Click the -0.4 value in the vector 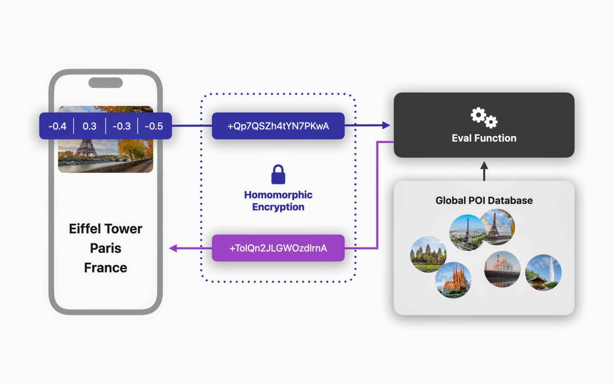[x=57, y=126]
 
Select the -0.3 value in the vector [x=121, y=126]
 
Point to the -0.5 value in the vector [x=154, y=126]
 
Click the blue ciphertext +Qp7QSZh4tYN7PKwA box [x=278, y=126]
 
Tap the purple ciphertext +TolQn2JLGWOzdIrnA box [x=278, y=248]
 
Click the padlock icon [x=278, y=175]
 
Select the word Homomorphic [x=278, y=195]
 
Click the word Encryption [x=278, y=207]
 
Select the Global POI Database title [x=484, y=200]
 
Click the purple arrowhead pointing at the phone [x=173, y=248]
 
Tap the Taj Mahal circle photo [x=502, y=269]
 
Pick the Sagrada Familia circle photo [x=453, y=280]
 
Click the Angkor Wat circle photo [x=428, y=254]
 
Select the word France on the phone [x=106, y=268]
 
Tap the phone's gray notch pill [x=106, y=83]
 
